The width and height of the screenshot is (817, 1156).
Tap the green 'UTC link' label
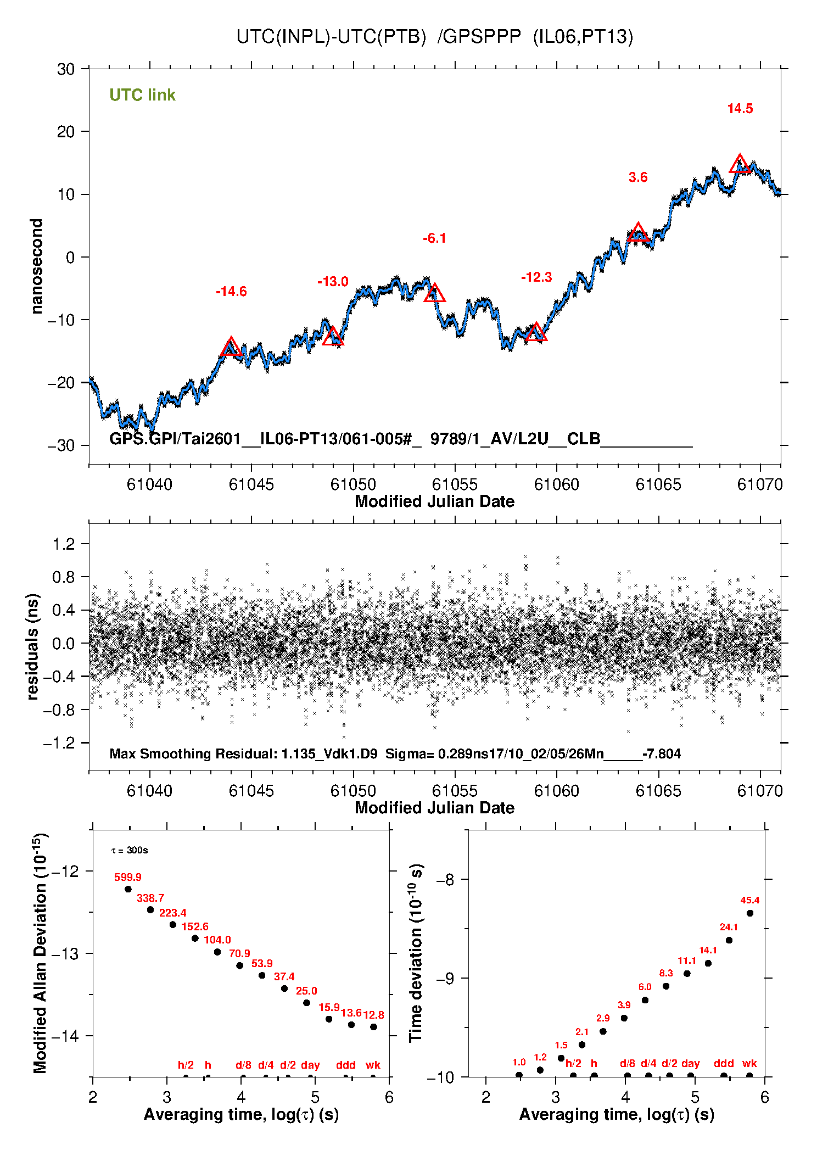tap(142, 95)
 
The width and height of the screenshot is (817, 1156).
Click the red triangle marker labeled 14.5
tap(740, 164)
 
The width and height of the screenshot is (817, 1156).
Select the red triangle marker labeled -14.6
tap(231, 347)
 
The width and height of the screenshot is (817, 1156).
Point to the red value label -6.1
tap(434, 238)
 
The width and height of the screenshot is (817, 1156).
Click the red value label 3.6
tap(638, 177)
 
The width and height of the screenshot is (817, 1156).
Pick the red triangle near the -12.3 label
tap(536, 333)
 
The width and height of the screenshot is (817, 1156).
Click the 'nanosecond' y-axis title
tap(37, 266)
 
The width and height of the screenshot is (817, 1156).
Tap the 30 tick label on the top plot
tap(66, 70)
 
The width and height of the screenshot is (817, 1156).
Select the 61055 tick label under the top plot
tap(455, 484)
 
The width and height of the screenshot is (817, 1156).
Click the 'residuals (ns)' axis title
tap(33, 646)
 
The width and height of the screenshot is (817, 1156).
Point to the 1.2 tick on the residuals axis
tap(63, 544)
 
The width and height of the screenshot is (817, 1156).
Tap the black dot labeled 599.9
tap(128, 889)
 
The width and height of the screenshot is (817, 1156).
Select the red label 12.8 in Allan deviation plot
tap(373, 1015)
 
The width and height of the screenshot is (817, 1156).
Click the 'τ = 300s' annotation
tap(130, 851)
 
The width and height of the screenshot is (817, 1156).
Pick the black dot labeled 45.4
tap(750, 913)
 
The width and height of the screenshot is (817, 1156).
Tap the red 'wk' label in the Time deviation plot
tap(749, 1063)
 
